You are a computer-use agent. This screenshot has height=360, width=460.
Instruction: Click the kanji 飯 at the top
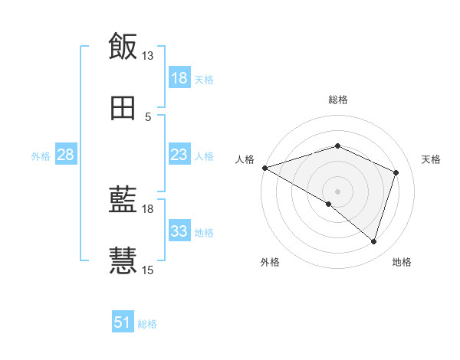(123, 47)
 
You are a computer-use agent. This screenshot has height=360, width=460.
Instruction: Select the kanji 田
(123, 109)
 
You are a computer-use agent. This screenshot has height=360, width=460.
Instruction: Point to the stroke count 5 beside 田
(148, 116)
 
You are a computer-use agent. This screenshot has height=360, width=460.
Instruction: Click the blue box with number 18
(179, 78)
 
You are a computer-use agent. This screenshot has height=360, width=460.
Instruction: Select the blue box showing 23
(179, 155)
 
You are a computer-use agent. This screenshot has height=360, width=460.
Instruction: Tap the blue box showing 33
(179, 231)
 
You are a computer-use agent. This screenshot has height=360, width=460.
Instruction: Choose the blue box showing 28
(65, 155)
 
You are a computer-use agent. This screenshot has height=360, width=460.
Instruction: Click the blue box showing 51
(123, 322)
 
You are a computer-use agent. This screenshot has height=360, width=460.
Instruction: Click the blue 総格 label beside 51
(147, 324)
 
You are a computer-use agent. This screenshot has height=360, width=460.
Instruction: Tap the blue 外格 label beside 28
(41, 155)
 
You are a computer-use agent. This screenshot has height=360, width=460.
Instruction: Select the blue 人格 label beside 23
(204, 155)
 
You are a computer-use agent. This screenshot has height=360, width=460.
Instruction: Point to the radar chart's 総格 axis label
(338, 100)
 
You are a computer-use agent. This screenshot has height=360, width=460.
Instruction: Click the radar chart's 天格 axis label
(431, 159)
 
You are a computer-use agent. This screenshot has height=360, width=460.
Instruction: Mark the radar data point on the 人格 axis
(264, 168)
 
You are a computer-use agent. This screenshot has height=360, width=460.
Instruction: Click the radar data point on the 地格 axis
(373, 241)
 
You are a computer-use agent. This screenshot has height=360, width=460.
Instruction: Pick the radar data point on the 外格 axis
(329, 204)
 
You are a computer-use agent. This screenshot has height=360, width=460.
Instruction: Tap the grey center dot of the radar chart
(338, 191)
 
